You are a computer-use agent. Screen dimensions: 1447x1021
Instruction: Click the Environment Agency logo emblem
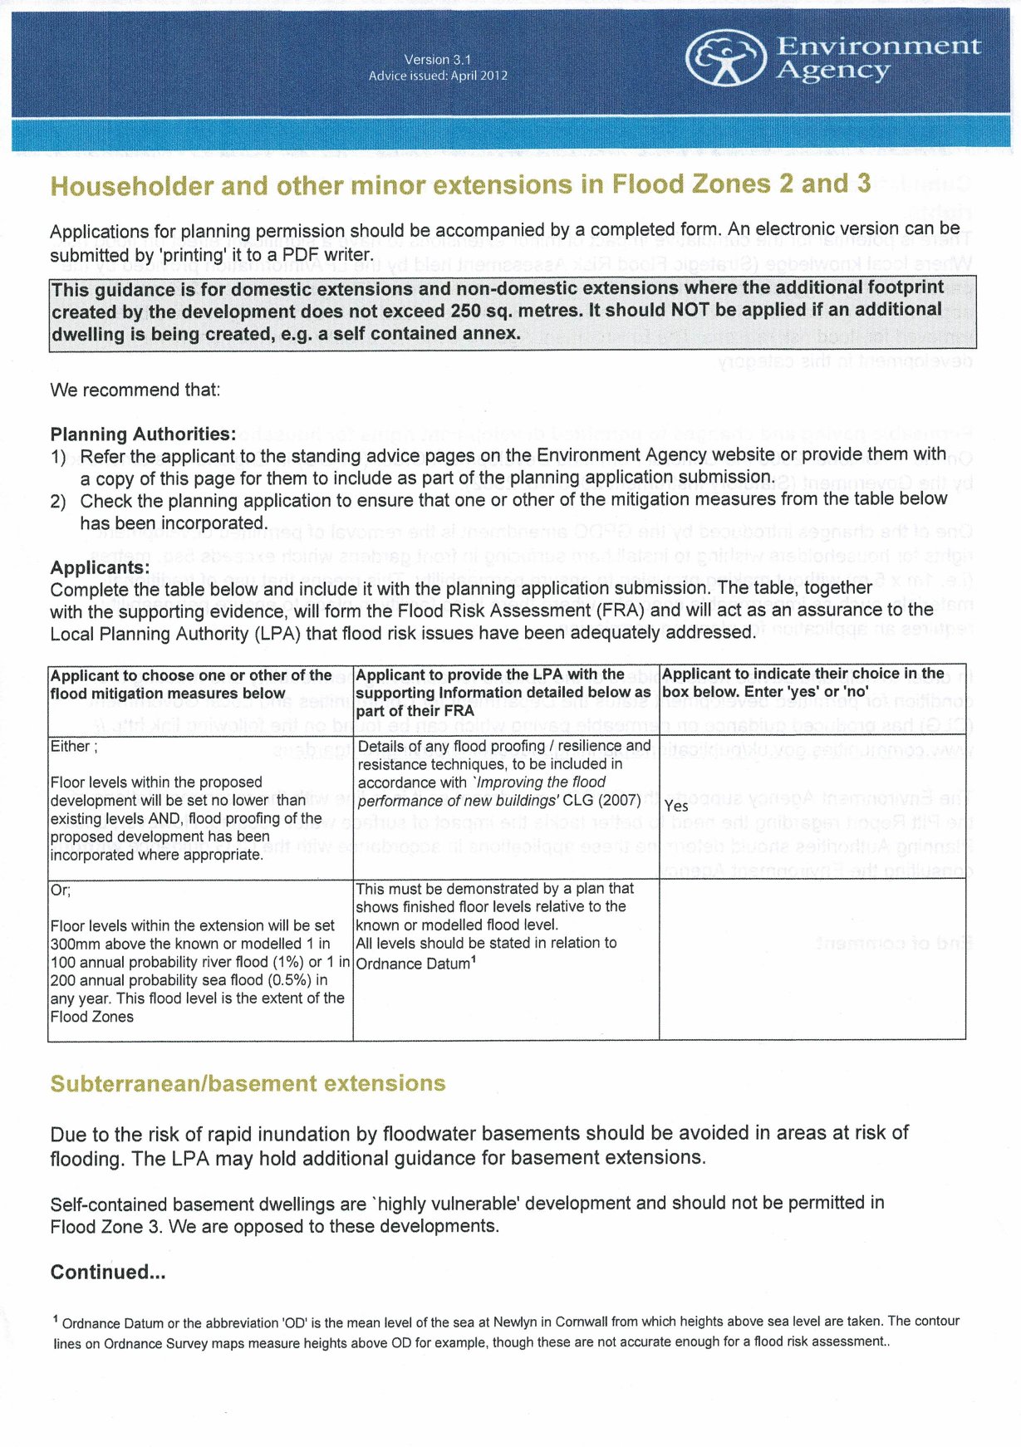pos(724,58)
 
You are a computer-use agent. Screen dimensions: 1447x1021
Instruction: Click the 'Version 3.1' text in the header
pos(438,60)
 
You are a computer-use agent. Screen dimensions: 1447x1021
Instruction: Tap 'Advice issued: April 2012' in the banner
pos(438,76)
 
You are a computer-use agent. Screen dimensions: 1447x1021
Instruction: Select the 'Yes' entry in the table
pos(676,806)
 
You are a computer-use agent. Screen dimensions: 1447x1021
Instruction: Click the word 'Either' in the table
pos(71,746)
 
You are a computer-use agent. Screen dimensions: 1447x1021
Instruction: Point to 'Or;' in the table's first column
pos(61,890)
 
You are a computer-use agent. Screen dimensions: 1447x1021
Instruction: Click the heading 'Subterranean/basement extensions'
pos(248,1083)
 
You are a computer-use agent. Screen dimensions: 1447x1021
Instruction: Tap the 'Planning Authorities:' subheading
pos(143,434)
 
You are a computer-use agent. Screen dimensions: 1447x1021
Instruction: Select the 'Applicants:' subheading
pos(100,567)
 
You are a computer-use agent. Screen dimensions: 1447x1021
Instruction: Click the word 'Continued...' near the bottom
pos(108,1272)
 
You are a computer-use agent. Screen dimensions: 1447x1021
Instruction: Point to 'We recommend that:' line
pos(135,390)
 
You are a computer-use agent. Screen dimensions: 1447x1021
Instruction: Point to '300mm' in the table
pos(73,944)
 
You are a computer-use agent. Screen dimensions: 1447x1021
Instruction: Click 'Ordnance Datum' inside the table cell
pos(413,964)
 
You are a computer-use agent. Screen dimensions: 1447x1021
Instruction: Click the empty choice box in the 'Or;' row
pos(812,959)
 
